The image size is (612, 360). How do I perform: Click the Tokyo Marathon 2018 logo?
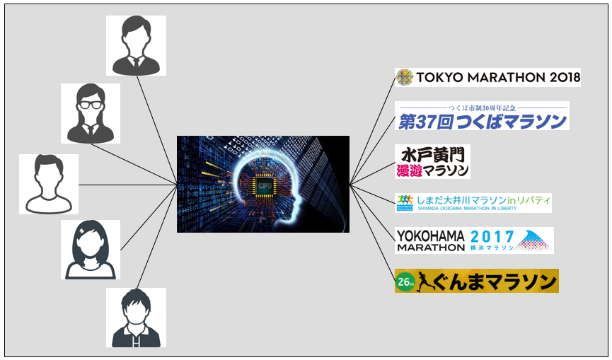pos(487,76)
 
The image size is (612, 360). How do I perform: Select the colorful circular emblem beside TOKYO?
pos(404,76)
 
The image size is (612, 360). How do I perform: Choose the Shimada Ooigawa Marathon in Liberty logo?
pos(473,202)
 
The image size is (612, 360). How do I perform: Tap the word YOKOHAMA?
pos(430,235)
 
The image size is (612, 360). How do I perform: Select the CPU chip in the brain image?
pos(264,184)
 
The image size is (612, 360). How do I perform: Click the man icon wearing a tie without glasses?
pos(136,45)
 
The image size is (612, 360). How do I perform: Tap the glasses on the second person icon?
pos(91,103)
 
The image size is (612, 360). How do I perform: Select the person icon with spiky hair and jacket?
pos(136,317)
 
